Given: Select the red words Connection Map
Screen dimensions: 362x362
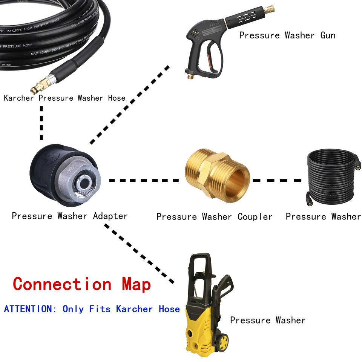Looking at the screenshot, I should coord(82,284).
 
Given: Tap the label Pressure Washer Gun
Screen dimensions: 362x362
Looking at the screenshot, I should coord(287,35).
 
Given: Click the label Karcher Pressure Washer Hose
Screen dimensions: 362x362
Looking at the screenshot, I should coord(64,98).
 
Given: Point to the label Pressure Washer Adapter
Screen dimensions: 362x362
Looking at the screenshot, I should coord(70,216).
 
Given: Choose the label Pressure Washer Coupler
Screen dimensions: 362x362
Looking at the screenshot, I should coord(214,217).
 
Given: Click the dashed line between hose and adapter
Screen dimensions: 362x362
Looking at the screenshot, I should coord(41,123).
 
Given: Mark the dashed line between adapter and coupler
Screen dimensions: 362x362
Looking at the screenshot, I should coord(144,181).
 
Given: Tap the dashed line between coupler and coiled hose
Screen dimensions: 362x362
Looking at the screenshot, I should coord(277,181).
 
